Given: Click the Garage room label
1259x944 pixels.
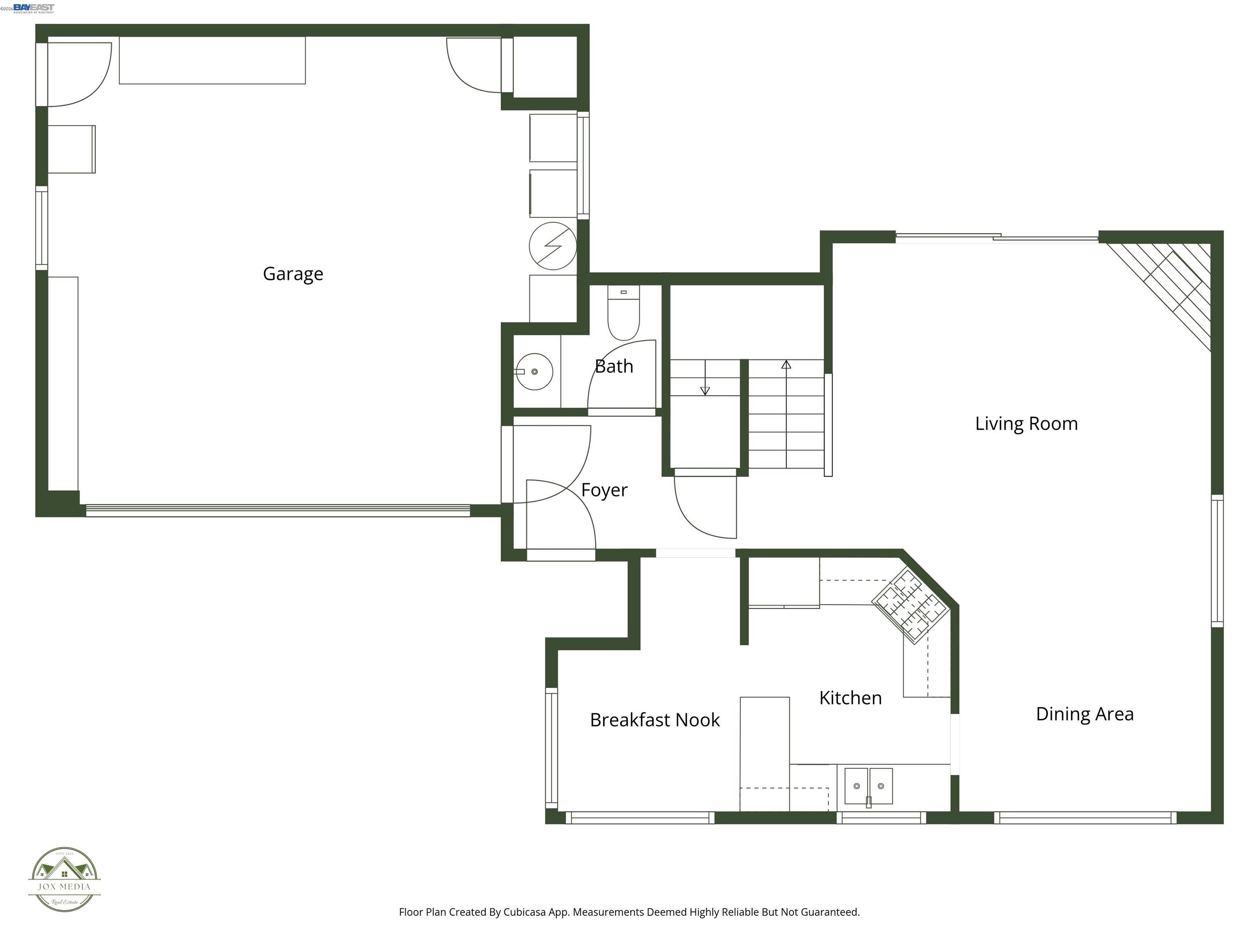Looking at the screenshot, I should click(293, 274).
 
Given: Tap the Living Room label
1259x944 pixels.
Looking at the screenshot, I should click(1026, 423).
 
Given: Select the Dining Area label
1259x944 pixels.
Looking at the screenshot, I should click(1084, 714).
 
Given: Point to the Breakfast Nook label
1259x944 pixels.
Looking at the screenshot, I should click(654, 720).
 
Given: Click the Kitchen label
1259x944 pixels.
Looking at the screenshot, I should click(850, 698).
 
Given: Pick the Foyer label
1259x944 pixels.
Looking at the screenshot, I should click(604, 490).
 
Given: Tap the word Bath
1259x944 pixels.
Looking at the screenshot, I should click(614, 366).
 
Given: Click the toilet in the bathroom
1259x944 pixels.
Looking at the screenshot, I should click(623, 313).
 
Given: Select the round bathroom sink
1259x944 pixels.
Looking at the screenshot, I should click(535, 372).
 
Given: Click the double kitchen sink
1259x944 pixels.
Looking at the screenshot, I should click(868, 786).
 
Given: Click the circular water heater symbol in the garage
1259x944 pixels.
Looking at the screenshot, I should click(553, 246).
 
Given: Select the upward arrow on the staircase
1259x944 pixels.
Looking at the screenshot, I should click(786, 365).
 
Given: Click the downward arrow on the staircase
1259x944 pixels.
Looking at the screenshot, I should click(704, 390).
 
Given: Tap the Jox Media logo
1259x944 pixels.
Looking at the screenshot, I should click(64, 879).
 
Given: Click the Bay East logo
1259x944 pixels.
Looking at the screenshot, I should click(34, 8).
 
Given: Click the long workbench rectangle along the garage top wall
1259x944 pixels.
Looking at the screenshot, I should click(212, 60).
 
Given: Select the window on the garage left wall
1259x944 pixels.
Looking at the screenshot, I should click(41, 228).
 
